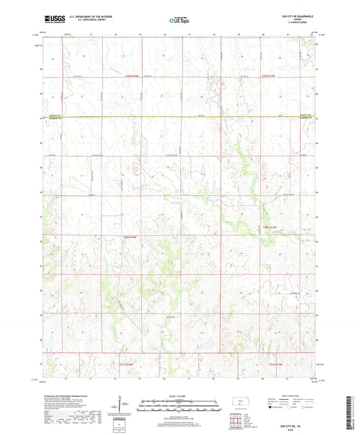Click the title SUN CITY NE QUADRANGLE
coord(292,15)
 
